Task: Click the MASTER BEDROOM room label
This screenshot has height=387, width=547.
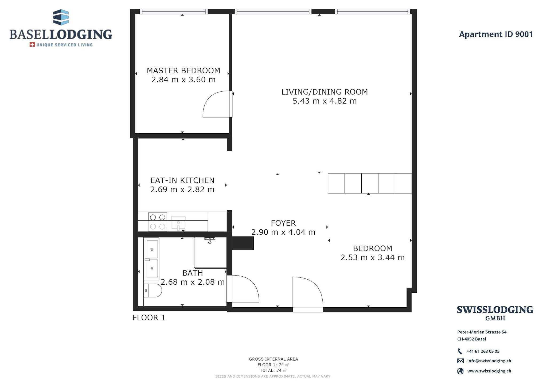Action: pos(183,71)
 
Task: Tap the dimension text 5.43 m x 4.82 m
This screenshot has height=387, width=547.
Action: pos(325,101)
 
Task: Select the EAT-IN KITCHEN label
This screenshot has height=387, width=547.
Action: pos(182,180)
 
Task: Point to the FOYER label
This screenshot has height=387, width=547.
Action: pos(283,223)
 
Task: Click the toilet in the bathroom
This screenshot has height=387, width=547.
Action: pos(153,291)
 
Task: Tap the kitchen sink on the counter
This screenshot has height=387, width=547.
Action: pos(178,223)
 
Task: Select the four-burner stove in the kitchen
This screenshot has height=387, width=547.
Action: pos(158,222)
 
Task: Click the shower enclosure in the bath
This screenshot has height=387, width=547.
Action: pos(210,253)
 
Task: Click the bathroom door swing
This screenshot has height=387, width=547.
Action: pos(243,289)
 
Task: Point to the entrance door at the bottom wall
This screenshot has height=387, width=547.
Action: pos(308,294)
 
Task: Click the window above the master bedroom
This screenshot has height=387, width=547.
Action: pos(174,11)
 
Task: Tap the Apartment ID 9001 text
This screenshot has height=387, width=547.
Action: pos(496,34)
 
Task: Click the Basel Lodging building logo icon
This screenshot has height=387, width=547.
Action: pos(61,17)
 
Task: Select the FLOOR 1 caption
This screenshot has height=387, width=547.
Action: pos(149,318)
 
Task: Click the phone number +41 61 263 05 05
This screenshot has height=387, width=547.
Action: pos(483,351)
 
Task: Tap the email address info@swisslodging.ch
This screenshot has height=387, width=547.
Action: pos(489,361)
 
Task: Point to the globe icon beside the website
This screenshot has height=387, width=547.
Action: pos(460,371)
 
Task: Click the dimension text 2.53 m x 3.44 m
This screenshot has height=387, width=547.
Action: pos(373,258)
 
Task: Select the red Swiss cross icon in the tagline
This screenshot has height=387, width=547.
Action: pos(32,45)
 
